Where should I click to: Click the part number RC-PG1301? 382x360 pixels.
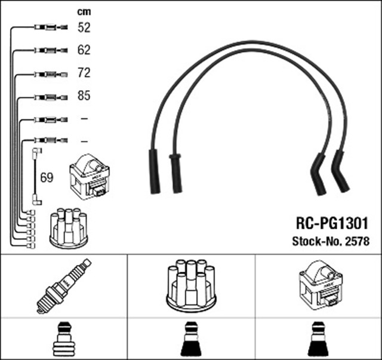tap(331, 223)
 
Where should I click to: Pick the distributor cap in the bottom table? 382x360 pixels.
tap(190, 285)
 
